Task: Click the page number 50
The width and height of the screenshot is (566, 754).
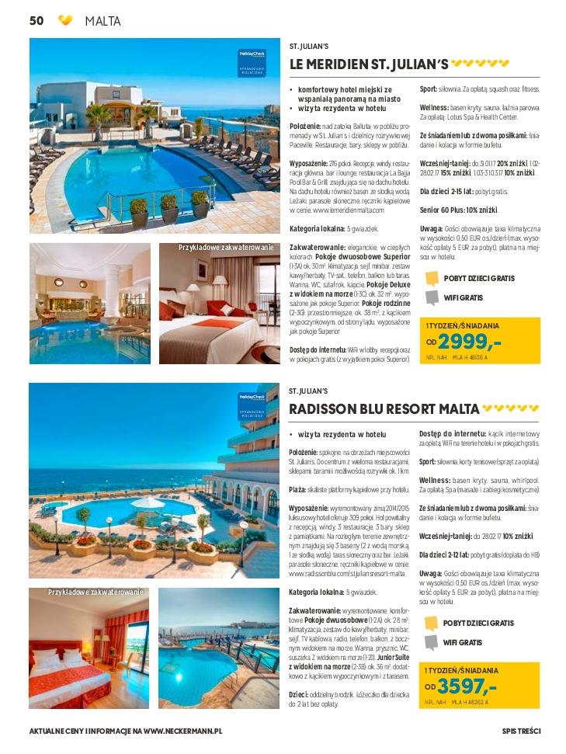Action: pyautogui.click(x=36, y=21)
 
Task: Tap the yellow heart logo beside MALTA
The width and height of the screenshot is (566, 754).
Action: pyautogui.click(x=65, y=21)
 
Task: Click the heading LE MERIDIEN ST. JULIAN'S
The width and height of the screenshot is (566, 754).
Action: pyautogui.click(x=369, y=64)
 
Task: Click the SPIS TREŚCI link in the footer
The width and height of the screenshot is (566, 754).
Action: pyautogui.click(x=521, y=731)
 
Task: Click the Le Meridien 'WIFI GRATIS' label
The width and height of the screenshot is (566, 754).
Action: pyautogui.click(x=463, y=297)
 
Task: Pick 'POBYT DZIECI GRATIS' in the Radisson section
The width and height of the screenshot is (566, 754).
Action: pyautogui.click(x=478, y=623)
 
